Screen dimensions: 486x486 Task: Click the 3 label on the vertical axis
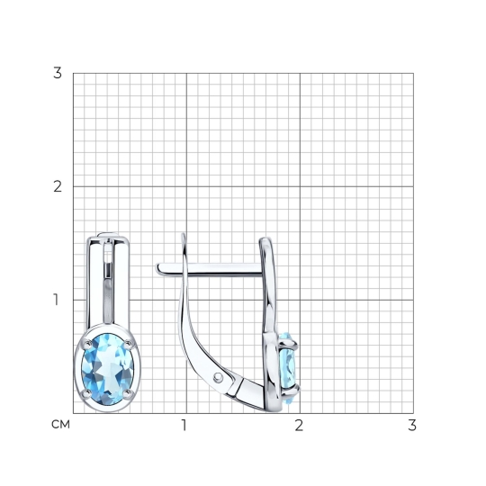pos(58,73)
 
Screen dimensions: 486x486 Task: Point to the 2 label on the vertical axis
pos(58,186)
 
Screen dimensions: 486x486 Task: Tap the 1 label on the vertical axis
pos(56,300)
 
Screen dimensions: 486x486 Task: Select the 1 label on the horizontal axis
pos(184,426)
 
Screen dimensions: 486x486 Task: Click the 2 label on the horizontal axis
pos(299,426)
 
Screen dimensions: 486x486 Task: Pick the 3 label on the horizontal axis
pos(412,426)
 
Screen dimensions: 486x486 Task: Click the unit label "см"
pos(61,425)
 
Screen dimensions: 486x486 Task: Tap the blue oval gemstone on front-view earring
pos(108,369)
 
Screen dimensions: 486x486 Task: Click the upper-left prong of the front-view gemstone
pos(87,344)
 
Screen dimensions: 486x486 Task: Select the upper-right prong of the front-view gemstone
pos(128,344)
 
